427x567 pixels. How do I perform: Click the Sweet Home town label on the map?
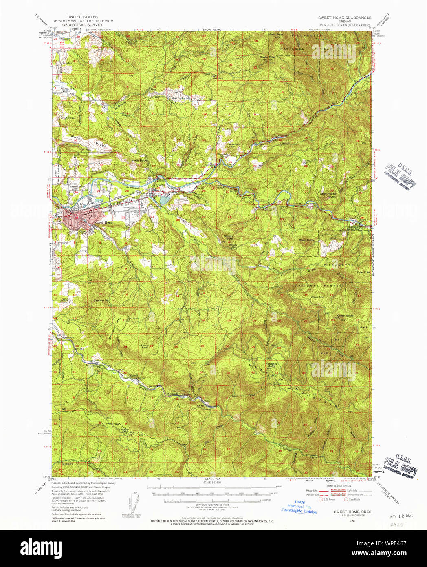[104, 222]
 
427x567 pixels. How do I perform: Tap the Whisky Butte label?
[230, 237]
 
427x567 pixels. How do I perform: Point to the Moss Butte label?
[306, 240]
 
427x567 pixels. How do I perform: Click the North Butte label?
[139, 161]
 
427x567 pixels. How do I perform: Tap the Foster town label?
[161, 185]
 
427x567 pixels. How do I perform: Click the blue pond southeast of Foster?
[163, 199]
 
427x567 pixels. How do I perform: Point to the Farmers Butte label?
[271, 365]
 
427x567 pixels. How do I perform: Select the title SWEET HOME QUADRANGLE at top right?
[345, 18]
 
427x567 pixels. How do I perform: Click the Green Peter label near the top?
[268, 57]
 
